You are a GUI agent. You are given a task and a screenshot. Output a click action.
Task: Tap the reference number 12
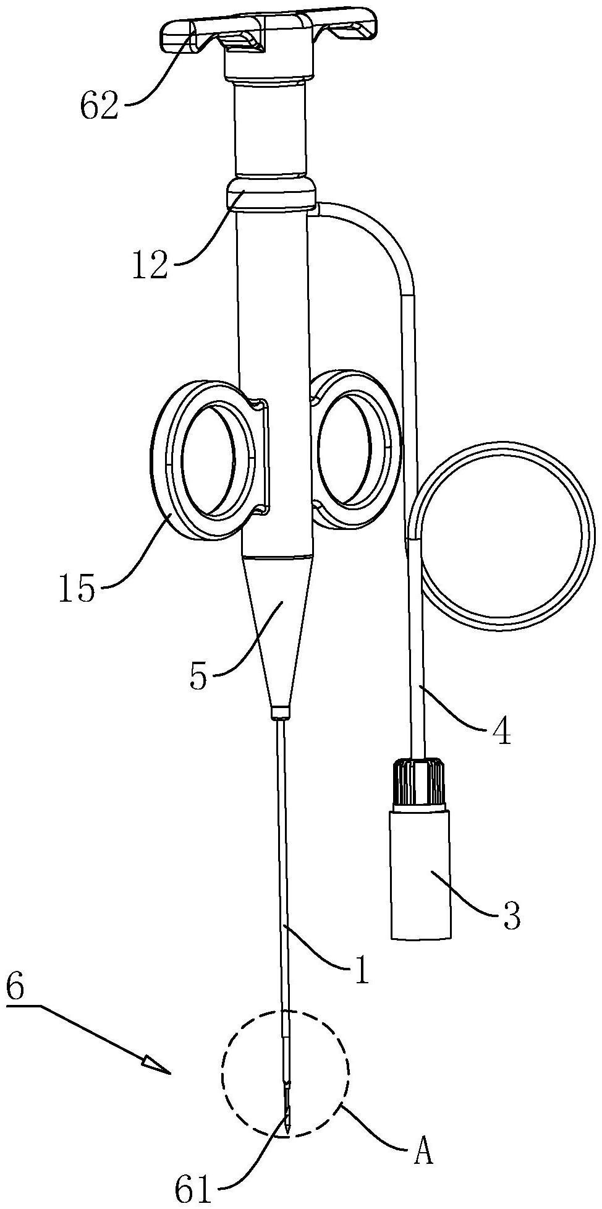pyautogui.click(x=149, y=265)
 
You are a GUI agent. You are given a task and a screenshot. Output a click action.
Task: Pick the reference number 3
pyautogui.click(x=511, y=916)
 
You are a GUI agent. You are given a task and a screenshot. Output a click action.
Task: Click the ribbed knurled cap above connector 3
pyautogui.click(x=418, y=782)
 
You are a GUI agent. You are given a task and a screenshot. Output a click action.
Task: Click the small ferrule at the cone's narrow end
pyautogui.click(x=280, y=712)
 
